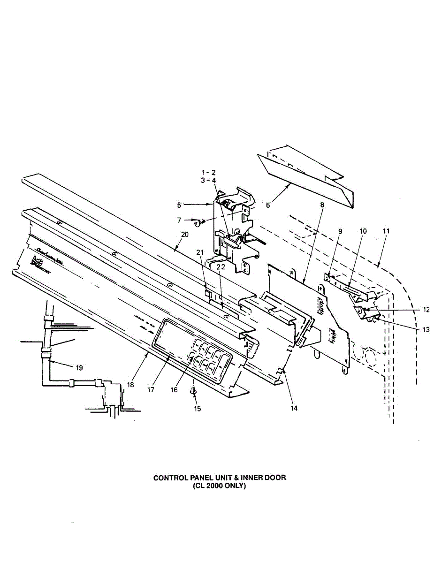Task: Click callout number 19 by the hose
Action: point(79,368)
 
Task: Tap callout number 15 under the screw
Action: point(198,409)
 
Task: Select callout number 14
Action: point(294,408)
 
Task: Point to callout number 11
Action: point(386,231)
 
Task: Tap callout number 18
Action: point(130,384)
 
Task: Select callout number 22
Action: point(221,266)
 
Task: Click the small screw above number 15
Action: point(193,390)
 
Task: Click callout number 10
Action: point(363,231)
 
